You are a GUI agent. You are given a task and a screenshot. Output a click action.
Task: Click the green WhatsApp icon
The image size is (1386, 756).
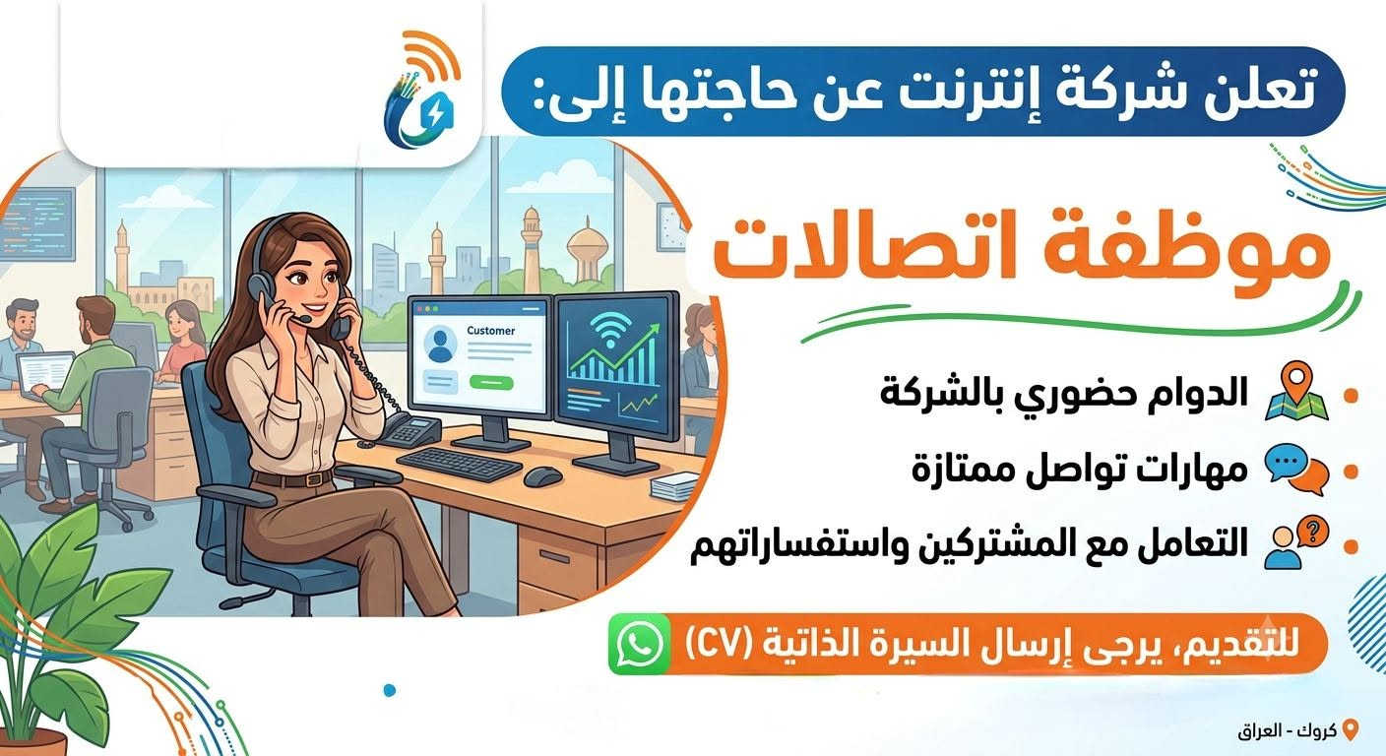tap(639, 644)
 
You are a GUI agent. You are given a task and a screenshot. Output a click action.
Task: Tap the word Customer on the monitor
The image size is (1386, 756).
tap(490, 331)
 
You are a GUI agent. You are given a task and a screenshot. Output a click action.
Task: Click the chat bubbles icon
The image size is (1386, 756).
tap(1296, 469)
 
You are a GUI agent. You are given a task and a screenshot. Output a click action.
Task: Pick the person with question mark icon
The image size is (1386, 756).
tap(1296, 542)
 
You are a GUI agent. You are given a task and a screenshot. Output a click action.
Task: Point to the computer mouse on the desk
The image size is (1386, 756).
tap(542, 475)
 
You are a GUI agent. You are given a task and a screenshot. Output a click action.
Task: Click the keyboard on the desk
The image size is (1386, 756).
tap(459, 464)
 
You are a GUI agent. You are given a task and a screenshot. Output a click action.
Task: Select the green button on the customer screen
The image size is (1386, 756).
tap(491, 383)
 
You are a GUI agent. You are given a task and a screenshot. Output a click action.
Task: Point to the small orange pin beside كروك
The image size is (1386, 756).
tap(1352, 730)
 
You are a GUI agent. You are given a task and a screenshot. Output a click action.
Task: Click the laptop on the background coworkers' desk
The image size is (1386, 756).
tap(44, 374)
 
